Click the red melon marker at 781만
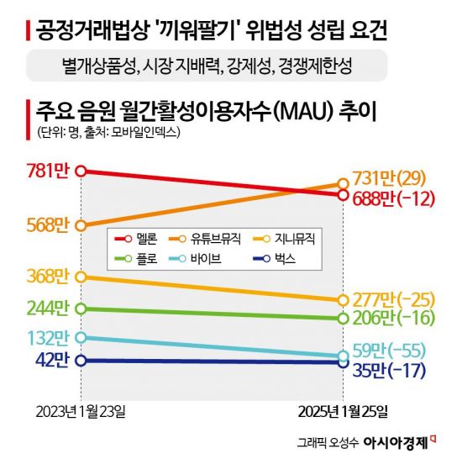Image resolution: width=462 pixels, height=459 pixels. [81, 171]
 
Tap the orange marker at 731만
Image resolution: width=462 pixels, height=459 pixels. [343, 183]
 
